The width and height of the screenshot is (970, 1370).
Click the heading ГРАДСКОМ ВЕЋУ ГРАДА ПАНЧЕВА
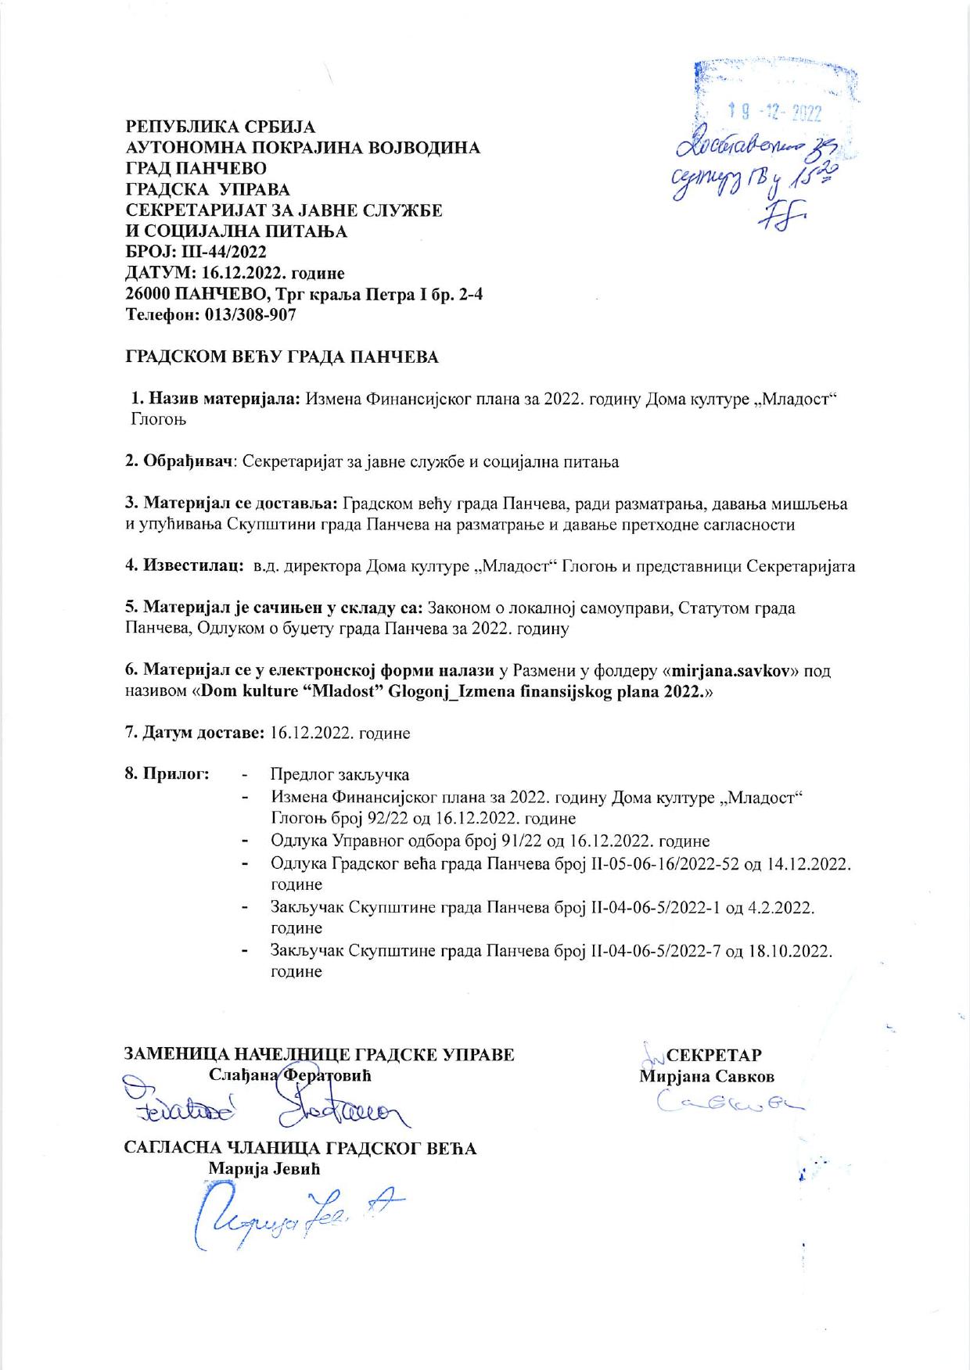282,357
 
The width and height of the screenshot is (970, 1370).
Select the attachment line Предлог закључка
339,775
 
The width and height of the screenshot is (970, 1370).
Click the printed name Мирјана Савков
707,1077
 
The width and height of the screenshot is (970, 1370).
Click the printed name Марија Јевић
264,1168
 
